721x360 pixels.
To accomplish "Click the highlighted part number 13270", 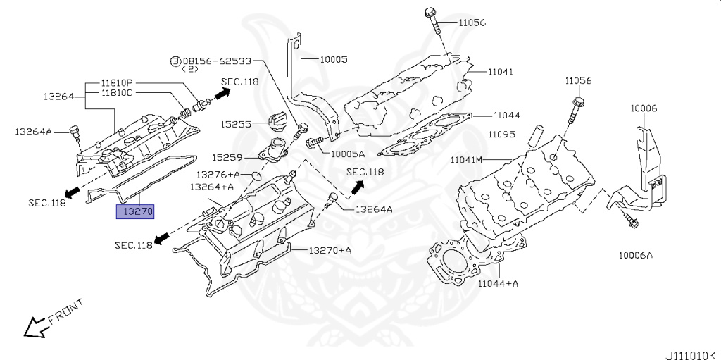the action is (x=135, y=212).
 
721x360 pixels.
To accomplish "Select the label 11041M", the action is (x=466, y=160).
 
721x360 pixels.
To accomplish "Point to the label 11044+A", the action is (x=498, y=284).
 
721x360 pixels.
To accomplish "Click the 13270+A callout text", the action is (x=330, y=250).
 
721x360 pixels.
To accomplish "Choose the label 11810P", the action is (x=117, y=83).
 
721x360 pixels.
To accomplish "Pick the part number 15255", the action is (x=235, y=124).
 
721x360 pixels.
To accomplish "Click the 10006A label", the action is (x=636, y=255).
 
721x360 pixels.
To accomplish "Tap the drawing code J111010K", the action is (x=693, y=354).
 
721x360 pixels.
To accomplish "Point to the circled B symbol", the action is (x=175, y=61).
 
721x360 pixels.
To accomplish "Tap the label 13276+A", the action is (x=218, y=175).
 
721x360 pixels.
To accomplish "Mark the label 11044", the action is (x=507, y=116).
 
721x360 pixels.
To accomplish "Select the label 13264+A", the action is (x=212, y=187).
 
